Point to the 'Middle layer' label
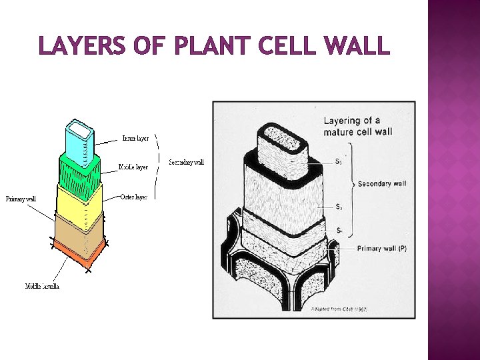[x=133, y=167]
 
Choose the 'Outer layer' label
[x=134, y=197]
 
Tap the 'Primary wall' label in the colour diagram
[x=21, y=199]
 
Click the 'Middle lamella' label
[x=42, y=286]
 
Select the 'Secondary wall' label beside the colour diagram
[x=186, y=162]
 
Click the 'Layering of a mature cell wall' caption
[x=358, y=126]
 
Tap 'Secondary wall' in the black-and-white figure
[x=382, y=183]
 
